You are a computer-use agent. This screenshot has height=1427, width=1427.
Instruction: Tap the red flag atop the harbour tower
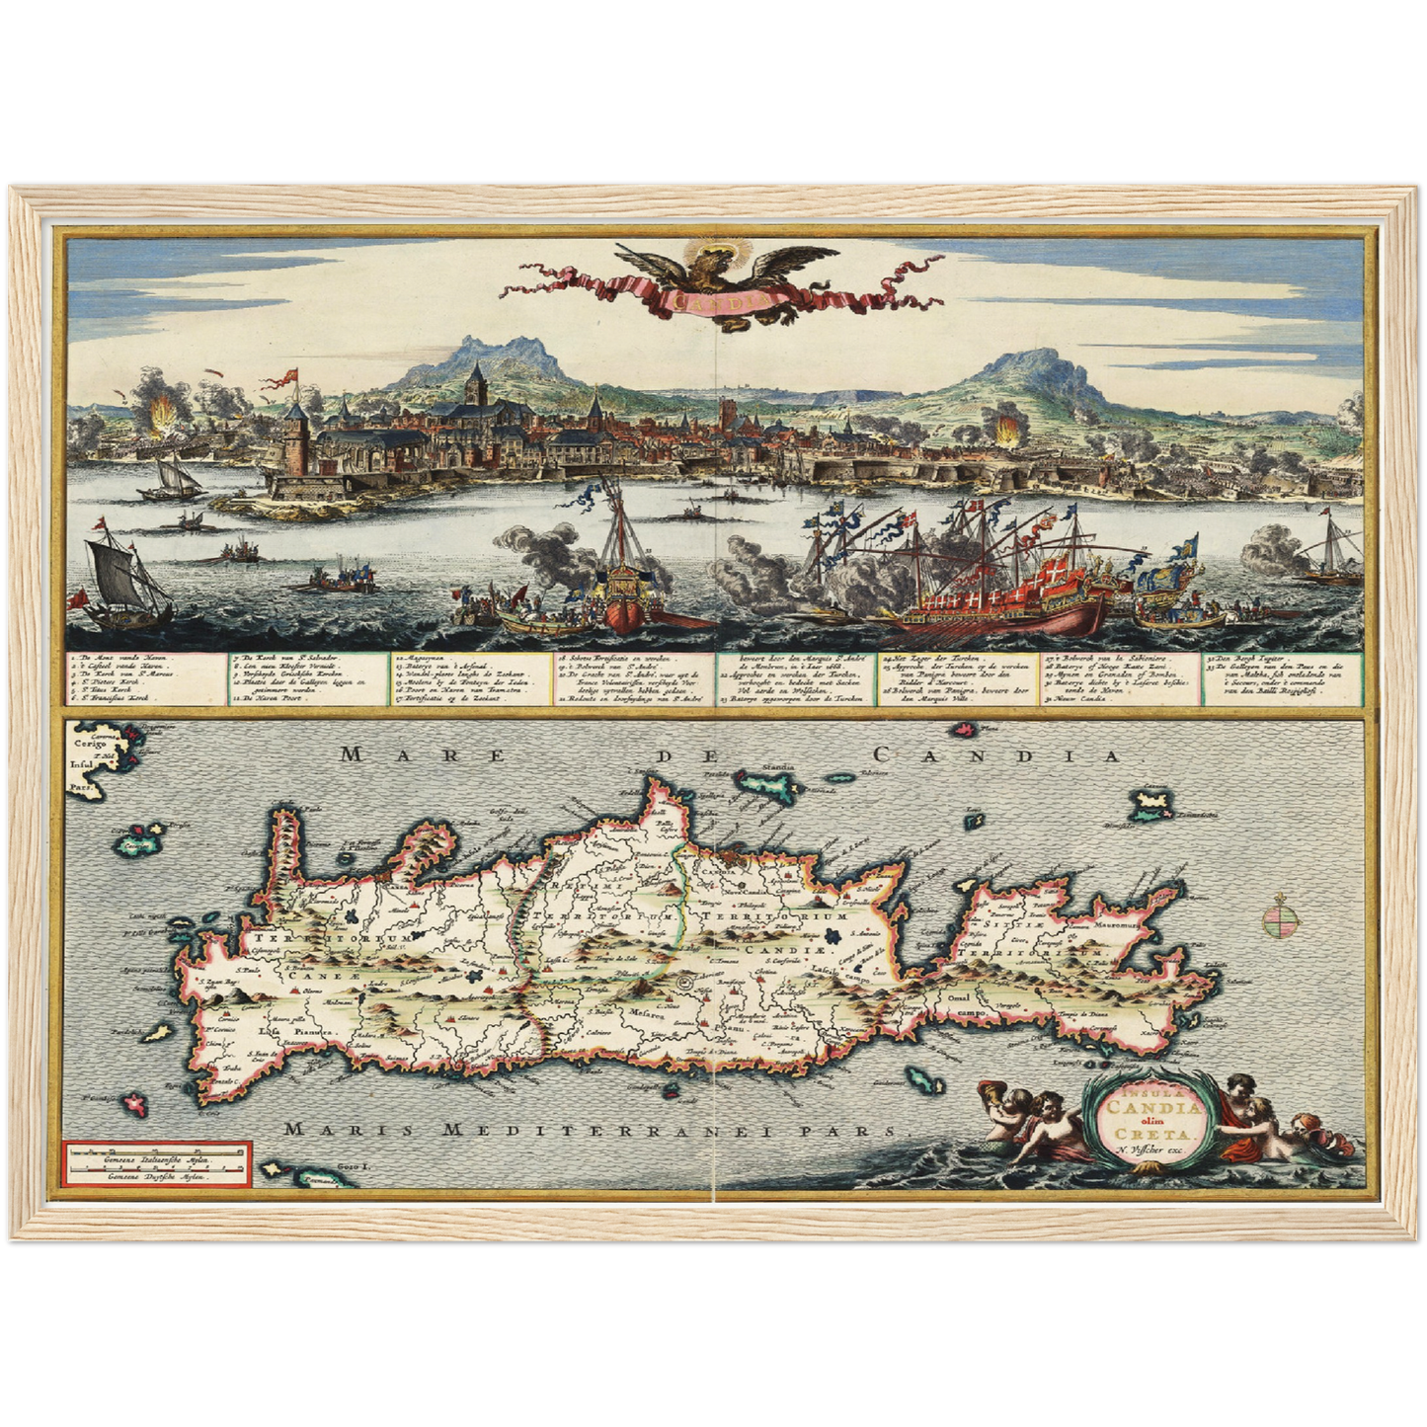tap(290, 377)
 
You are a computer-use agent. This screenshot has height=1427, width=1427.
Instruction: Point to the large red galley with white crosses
tap(997, 593)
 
